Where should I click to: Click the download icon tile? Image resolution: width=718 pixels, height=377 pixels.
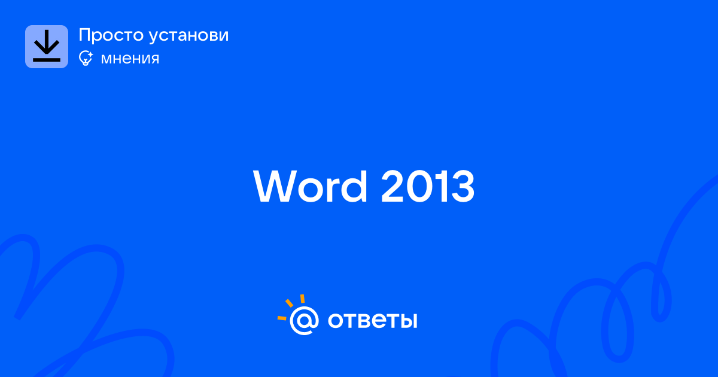click(47, 47)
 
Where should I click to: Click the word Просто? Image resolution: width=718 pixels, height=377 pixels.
click(111, 35)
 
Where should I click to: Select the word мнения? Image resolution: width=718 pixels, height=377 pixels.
click(130, 59)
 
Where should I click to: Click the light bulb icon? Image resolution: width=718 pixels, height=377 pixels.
click(86, 58)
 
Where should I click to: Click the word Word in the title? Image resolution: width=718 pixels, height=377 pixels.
click(310, 187)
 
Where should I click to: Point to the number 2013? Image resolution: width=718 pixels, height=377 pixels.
click(428, 187)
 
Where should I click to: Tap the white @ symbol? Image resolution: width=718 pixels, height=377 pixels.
click(304, 321)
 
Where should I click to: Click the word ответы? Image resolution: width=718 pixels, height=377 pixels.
click(372, 321)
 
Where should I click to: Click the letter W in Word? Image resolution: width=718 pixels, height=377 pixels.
click(275, 187)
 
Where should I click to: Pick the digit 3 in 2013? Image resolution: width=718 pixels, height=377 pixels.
click(461, 187)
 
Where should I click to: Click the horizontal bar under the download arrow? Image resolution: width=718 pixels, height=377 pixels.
click(47, 60)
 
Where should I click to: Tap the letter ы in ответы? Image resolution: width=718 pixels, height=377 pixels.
click(407, 321)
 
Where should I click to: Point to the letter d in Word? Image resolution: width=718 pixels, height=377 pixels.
click(354, 187)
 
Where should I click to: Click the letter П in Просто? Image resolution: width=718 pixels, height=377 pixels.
click(84, 35)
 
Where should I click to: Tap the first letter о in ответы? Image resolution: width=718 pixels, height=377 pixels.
click(336, 321)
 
